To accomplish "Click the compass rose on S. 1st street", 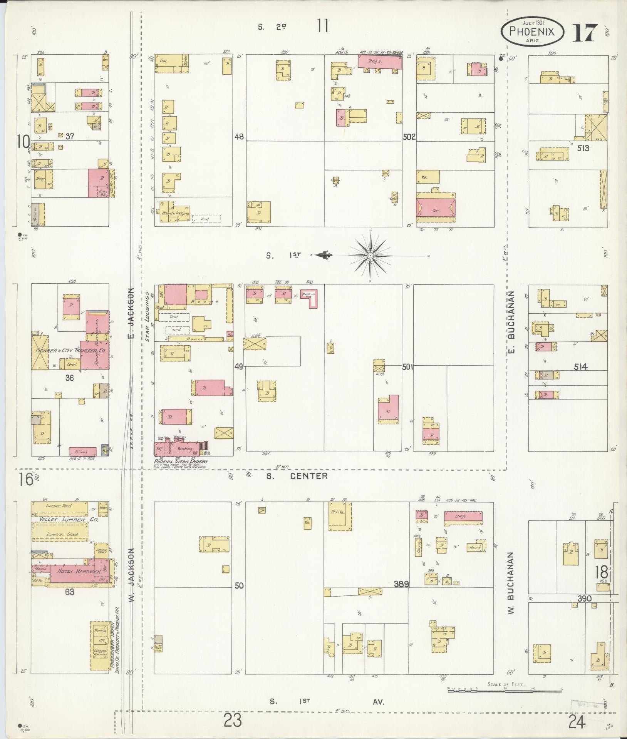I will pyautogui.click(x=370, y=255).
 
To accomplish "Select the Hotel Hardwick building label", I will pyautogui.click(x=78, y=571).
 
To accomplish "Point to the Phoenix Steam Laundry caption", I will pyautogui.click(x=181, y=461).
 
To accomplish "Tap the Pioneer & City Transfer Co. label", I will pyautogui.click(x=71, y=351).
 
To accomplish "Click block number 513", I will pyautogui.click(x=583, y=148).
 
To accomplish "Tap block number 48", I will pyautogui.click(x=239, y=137).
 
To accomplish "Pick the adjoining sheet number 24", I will pyautogui.click(x=576, y=722).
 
